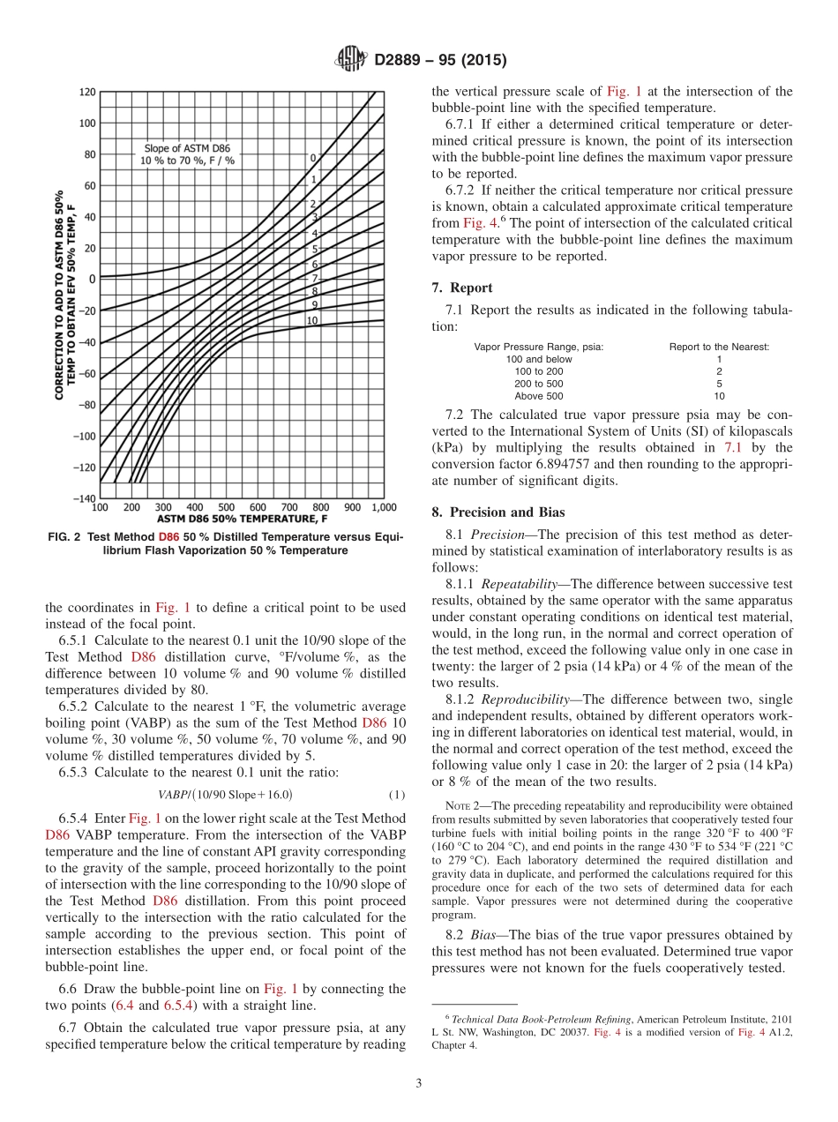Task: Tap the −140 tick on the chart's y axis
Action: pyautogui.click(x=86, y=498)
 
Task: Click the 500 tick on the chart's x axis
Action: pyautogui.click(x=226, y=507)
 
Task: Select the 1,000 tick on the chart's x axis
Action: pyautogui.click(x=383, y=507)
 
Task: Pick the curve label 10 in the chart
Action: pyautogui.click(x=312, y=320)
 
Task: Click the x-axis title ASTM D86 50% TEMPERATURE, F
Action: pyautogui.click(x=241, y=519)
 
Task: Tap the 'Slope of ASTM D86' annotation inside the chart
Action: pyautogui.click(x=187, y=148)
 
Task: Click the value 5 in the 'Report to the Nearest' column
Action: pyautogui.click(x=719, y=384)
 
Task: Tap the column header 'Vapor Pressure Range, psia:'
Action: pyautogui.click(x=538, y=347)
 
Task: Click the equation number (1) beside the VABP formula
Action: pyautogui.click(x=397, y=794)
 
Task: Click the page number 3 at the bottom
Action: pyautogui.click(x=419, y=1082)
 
